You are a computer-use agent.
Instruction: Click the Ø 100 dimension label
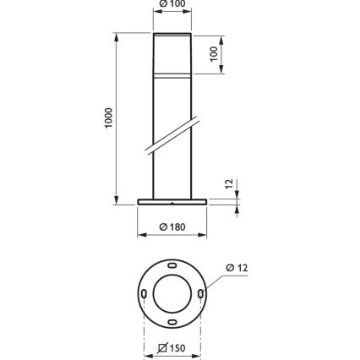(172, 3)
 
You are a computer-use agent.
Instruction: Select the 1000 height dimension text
(108, 118)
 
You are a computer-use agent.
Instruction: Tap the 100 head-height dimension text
(214, 53)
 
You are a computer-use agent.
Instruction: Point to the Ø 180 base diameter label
(172, 226)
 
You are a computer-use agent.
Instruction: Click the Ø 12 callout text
(237, 268)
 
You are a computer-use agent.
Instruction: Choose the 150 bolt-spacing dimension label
(172, 348)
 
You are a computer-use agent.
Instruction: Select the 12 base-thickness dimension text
(229, 184)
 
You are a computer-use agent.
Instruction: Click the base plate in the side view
(172, 202)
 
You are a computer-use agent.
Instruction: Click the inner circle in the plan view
(172, 292)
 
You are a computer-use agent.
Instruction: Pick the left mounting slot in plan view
(144, 292)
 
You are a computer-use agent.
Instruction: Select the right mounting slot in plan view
(201, 292)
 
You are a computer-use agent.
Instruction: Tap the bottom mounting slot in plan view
(172, 321)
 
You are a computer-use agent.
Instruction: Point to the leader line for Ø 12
(215, 281)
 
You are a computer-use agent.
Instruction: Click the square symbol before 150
(161, 348)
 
